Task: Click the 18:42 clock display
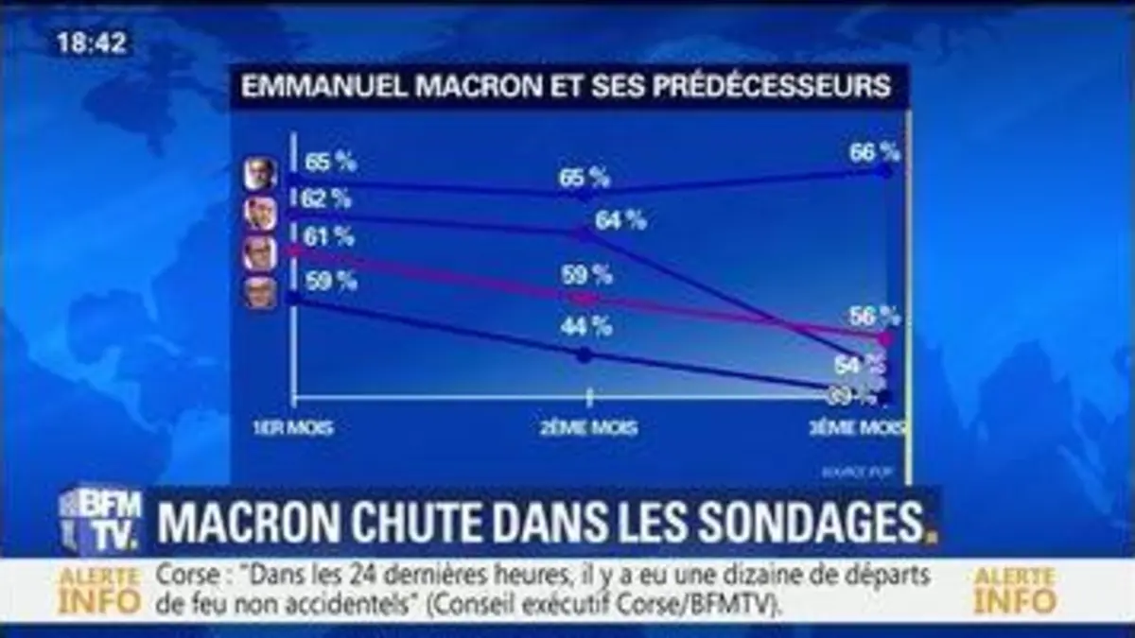(93, 42)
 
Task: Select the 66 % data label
(873, 151)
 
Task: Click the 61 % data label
(328, 236)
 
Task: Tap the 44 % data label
(586, 326)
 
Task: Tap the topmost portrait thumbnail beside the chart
(260, 174)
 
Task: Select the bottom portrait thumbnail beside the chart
(260, 293)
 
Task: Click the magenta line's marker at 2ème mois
(586, 298)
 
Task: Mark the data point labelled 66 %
(886, 171)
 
